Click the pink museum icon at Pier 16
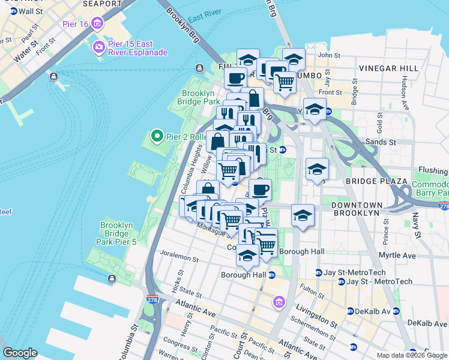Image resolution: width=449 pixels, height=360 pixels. click(x=98, y=23)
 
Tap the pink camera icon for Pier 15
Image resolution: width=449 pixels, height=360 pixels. click(x=98, y=47)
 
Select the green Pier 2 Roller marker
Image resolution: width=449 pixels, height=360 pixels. click(x=157, y=137)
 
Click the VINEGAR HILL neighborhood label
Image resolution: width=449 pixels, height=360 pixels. click(x=388, y=68)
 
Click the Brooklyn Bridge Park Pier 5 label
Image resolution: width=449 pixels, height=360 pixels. click(x=116, y=233)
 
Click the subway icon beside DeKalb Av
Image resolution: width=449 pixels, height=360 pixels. click(x=350, y=311)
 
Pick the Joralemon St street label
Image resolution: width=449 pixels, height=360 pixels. click(x=178, y=259)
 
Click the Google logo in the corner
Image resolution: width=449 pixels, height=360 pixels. click(x=20, y=353)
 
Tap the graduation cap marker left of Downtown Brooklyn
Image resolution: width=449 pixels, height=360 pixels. click(x=303, y=215)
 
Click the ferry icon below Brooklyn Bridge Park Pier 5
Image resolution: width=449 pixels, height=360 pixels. click(x=112, y=279)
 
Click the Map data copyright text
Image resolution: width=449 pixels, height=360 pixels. click(x=412, y=355)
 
